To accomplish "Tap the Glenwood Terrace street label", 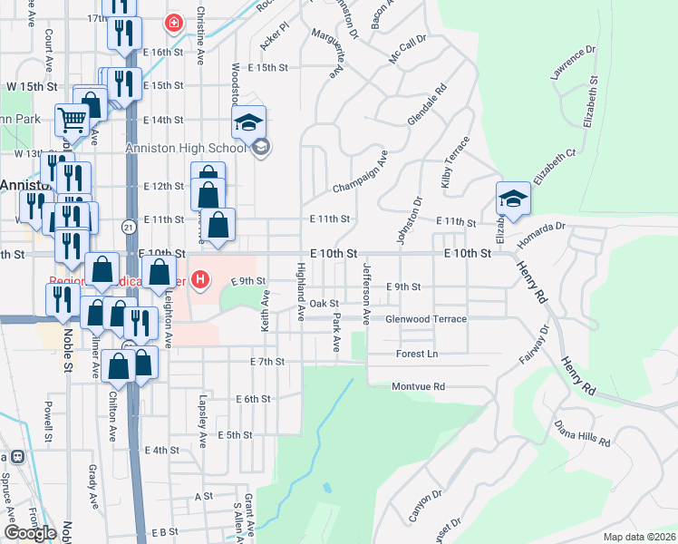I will tap(426, 319).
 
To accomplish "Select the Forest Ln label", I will tap(416, 354).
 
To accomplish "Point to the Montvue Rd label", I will tap(418, 386).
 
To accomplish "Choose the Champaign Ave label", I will tap(360, 171).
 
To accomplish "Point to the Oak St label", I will tap(324, 304).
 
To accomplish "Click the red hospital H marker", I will tap(199, 281).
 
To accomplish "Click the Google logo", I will tap(29, 533).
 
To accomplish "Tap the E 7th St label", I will tap(267, 362).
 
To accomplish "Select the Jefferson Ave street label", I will tap(366, 294).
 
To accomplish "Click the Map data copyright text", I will tap(640, 537).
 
